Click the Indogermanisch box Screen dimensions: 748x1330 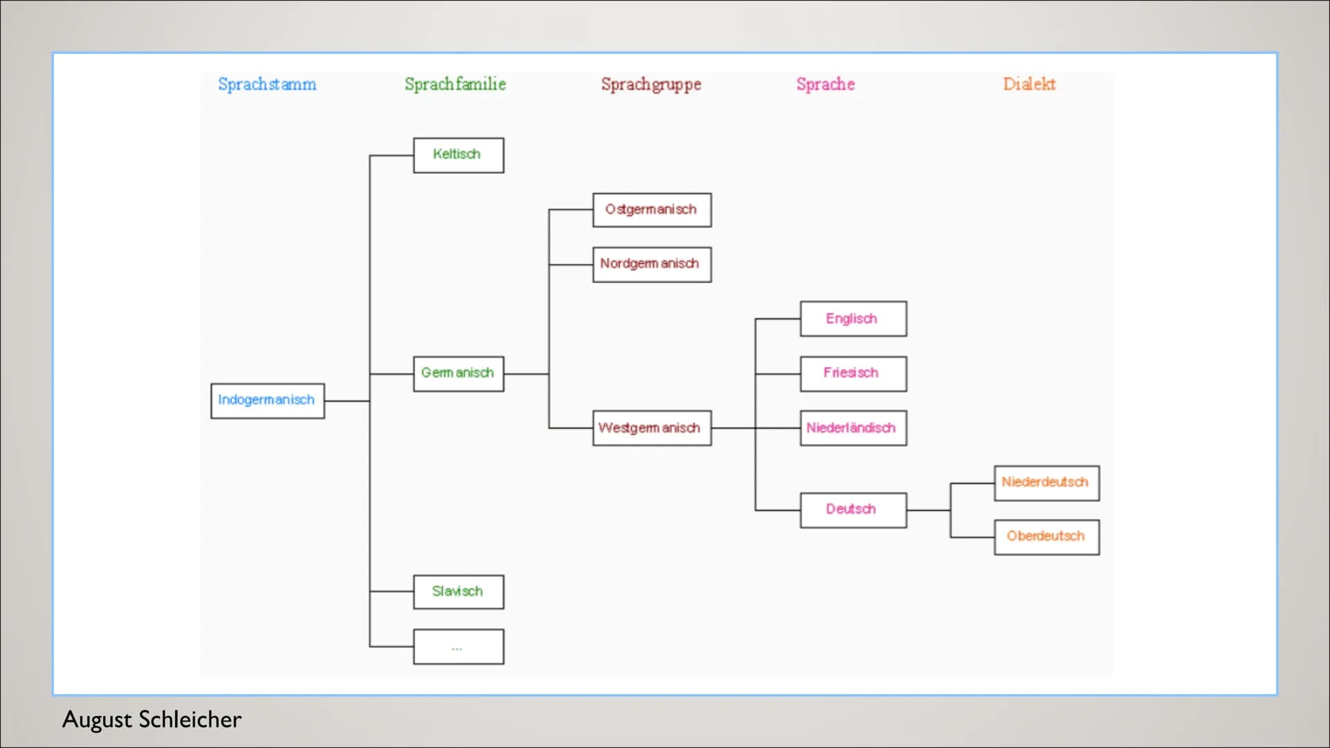pos(267,400)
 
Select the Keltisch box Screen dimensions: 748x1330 pos(458,154)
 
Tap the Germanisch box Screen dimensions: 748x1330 pos(458,373)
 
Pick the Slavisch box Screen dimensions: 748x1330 pos(458,591)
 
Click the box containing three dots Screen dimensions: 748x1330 pos(458,646)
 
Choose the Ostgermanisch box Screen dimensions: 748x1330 pos(651,210)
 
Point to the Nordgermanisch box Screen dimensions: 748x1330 pos(651,264)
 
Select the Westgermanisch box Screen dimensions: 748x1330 pos(651,428)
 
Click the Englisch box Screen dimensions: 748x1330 pos(853,319)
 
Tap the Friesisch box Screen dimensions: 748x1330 pos(853,373)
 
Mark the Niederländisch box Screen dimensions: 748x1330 pos(853,428)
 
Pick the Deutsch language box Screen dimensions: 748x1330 pos(853,510)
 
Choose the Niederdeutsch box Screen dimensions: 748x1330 pos(1046,483)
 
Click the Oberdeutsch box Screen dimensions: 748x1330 pos(1046,537)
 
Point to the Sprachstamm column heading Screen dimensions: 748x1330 pos(267,84)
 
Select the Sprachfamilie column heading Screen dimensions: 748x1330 pos(455,84)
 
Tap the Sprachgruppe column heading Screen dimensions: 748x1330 pos(650,84)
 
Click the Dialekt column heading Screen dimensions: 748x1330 pos(1029,84)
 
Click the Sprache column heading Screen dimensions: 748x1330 pos(825,84)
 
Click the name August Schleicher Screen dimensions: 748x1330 pos(152,720)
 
